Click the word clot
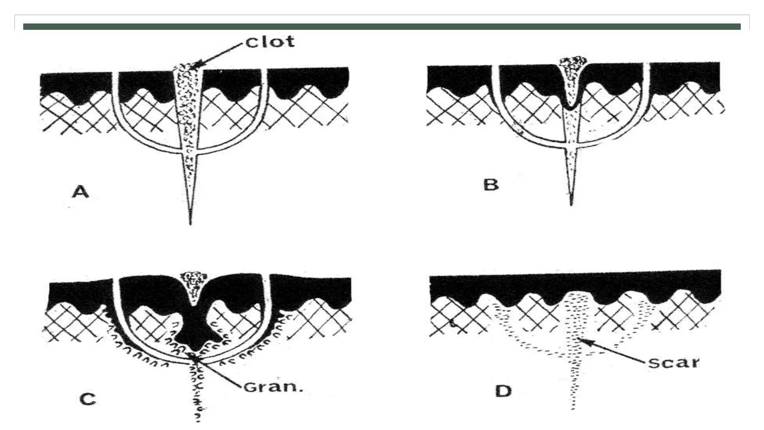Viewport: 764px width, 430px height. pos(270,41)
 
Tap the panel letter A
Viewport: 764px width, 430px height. pos(81,192)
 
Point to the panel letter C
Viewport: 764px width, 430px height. pos(88,399)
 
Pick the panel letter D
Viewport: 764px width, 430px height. pos(503,391)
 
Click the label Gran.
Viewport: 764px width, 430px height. pos(273,387)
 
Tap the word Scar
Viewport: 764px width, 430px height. pos(673,362)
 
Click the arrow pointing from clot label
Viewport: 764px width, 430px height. pos(220,55)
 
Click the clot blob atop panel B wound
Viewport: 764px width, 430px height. pos(571,64)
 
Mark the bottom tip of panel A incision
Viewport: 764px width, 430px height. pos(190,224)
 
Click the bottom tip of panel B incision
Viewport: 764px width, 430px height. pos(571,205)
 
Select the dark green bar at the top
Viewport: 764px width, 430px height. pos(382,27)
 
